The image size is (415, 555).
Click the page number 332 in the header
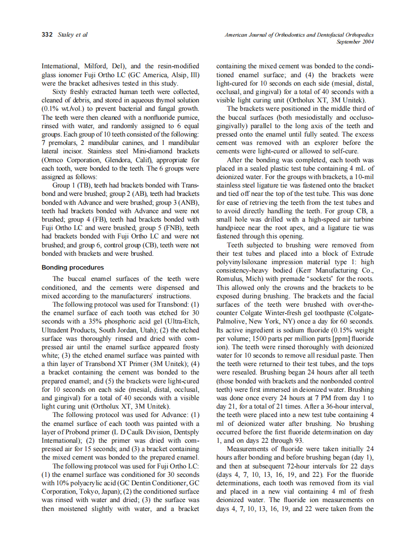(48, 35)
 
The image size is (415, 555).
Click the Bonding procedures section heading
(73, 268)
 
